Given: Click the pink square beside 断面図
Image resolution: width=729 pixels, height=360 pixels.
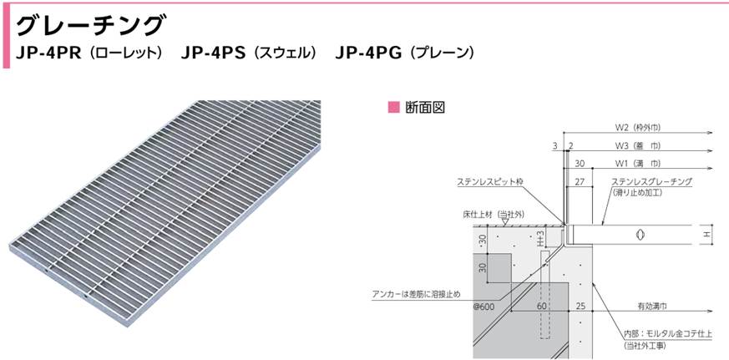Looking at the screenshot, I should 394,107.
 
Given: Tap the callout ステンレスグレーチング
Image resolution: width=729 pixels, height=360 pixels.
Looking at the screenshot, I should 651,181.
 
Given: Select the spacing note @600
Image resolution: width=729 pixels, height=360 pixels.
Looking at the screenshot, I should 484,307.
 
